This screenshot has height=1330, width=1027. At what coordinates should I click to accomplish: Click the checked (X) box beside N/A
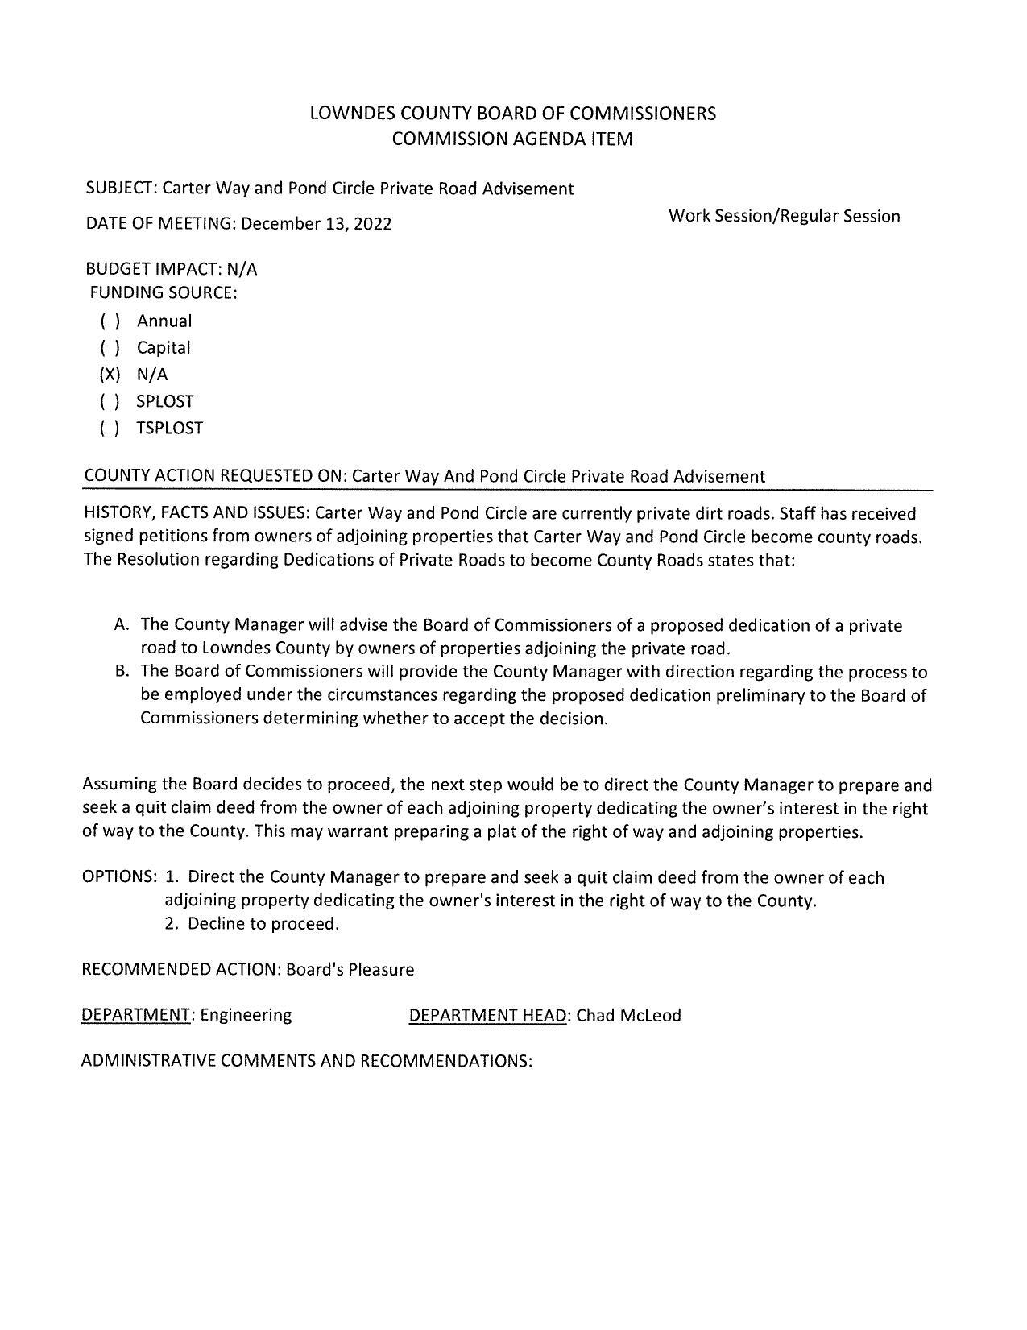click(x=110, y=375)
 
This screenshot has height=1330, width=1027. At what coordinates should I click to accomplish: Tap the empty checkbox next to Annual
click(x=110, y=321)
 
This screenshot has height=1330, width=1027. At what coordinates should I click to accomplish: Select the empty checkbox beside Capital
click(x=110, y=348)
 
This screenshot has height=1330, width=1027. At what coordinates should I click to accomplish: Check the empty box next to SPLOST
click(x=110, y=401)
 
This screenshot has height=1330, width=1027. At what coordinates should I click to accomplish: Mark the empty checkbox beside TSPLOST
click(x=110, y=428)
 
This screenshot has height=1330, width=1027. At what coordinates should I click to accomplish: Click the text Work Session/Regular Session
click(x=784, y=216)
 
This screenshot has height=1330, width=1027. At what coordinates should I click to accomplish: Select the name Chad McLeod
click(x=628, y=1015)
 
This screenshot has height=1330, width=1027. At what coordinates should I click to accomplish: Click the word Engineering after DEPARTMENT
click(x=246, y=1015)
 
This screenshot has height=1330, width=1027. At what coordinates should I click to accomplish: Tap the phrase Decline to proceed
click(x=263, y=924)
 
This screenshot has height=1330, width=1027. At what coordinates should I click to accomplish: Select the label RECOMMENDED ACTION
click(x=181, y=969)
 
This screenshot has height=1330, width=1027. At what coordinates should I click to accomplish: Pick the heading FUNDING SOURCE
click(x=163, y=292)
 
